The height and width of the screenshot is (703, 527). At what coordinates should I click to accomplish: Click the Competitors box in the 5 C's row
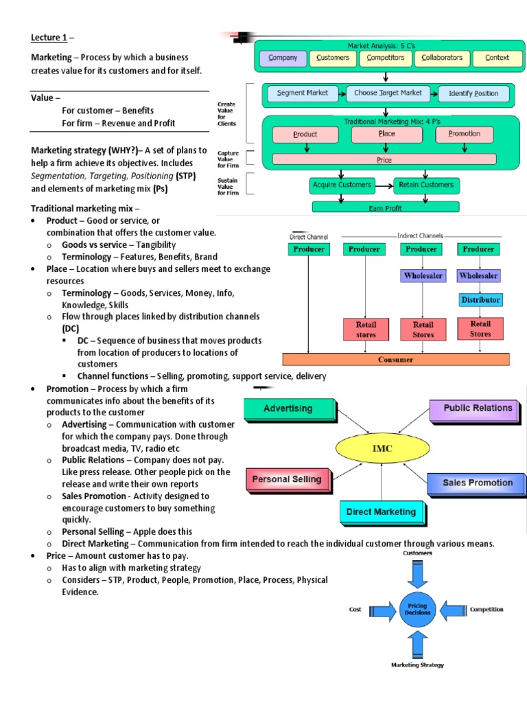pyautogui.click(x=385, y=58)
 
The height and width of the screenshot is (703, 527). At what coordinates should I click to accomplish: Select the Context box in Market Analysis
pyautogui.click(x=497, y=58)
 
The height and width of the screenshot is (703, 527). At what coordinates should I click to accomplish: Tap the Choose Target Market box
pyautogui.click(x=388, y=93)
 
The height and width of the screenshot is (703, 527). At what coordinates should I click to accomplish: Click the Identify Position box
pyautogui.click(x=473, y=93)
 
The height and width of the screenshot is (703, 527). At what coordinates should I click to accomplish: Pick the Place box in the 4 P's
pyautogui.click(x=386, y=134)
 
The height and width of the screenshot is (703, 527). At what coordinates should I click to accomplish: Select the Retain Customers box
pyautogui.click(x=428, y=185)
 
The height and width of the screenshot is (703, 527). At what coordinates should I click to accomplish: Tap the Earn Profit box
pyautogui.click(x=387, y=207)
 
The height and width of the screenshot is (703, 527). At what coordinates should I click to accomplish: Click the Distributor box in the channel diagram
pyautogui.click(x=480, y=300)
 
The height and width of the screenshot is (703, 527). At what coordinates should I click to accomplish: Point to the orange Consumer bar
pyautogui.click(x=396, y=359)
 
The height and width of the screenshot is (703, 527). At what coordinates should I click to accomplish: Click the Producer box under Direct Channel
pyautogui.click(x=309, y=249)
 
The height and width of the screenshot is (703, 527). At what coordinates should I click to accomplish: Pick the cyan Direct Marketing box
pyautogui.click(x=381, y=512)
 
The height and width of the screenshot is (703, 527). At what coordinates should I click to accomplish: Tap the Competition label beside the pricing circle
pyautogui.click(x=487, y=610)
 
